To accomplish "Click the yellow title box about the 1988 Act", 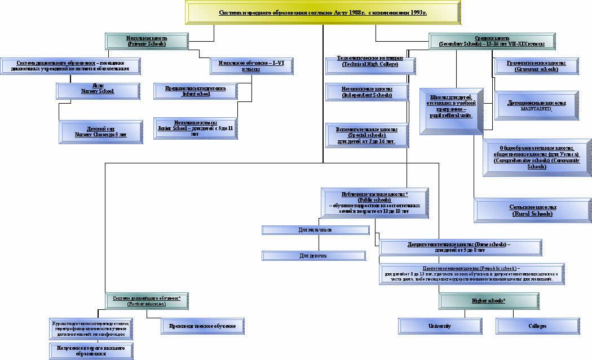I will (323, 12).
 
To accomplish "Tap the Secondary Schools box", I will (491, 41).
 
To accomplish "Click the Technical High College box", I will (369, 63).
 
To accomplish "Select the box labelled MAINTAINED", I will (537, 105).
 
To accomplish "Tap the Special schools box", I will (368, 136).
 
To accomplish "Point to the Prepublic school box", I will (471, 274).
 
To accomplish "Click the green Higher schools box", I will (488, 301).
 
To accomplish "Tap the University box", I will (440, 326).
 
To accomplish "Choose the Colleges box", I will (537, 326).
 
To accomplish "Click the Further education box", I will (147, 300).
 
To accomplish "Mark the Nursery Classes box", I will (101, 132).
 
